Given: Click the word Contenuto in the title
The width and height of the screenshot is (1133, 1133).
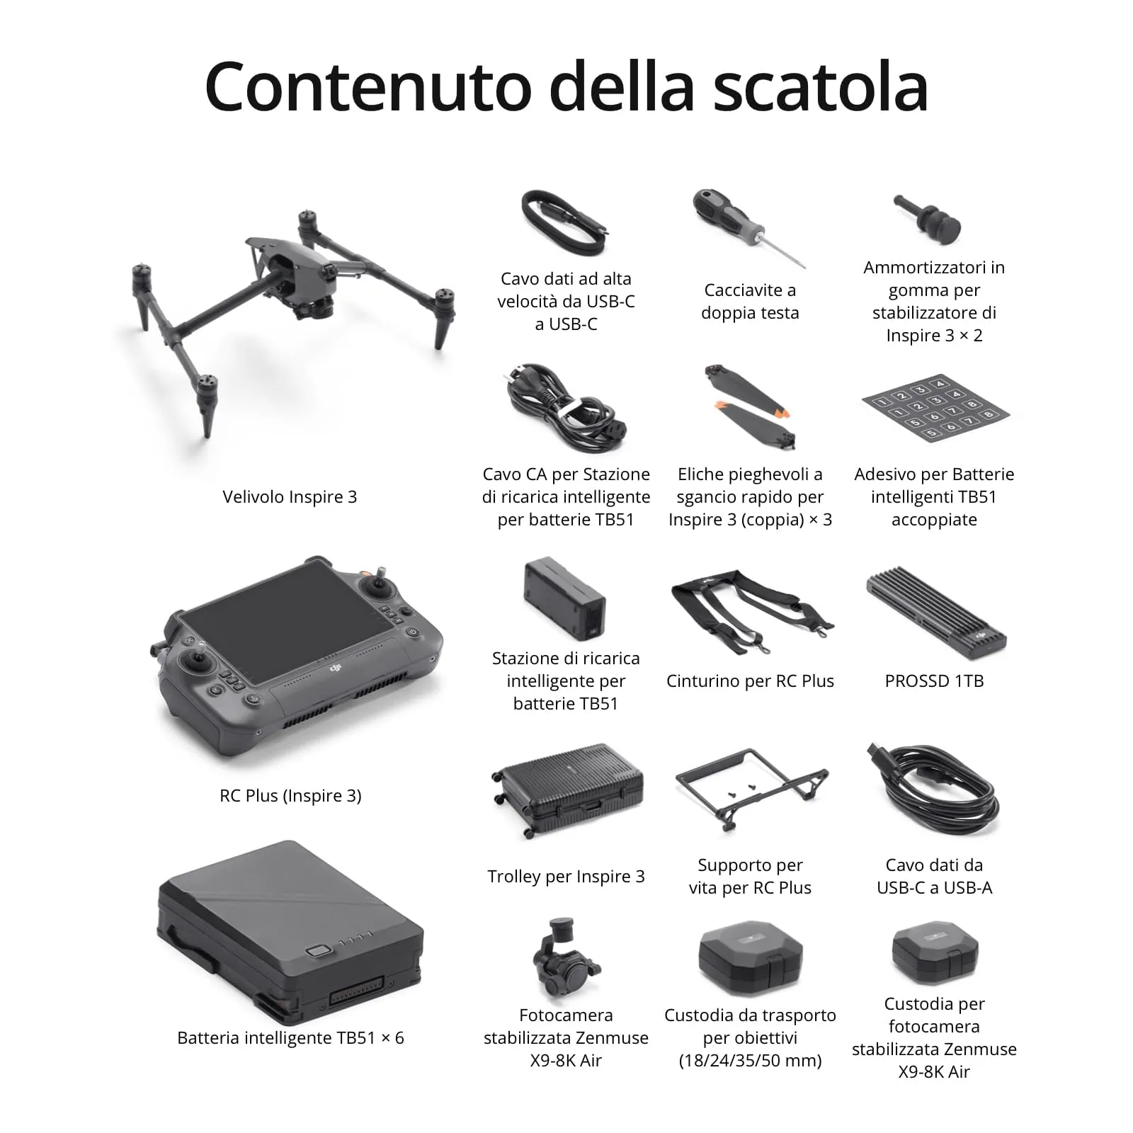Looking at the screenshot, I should pyautogui.click(x=368, y=86).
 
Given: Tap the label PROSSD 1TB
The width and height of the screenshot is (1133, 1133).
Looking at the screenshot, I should pyautogui.click(x=934, y=681).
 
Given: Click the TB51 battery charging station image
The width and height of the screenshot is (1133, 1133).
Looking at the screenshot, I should pyautogui.click(x=565, y=598).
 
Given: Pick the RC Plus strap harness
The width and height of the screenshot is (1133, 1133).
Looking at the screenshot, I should pyautogui.click(x=751, y=609).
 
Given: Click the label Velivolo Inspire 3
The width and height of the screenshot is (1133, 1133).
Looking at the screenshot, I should pyautogui.click(x=290, y=497).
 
